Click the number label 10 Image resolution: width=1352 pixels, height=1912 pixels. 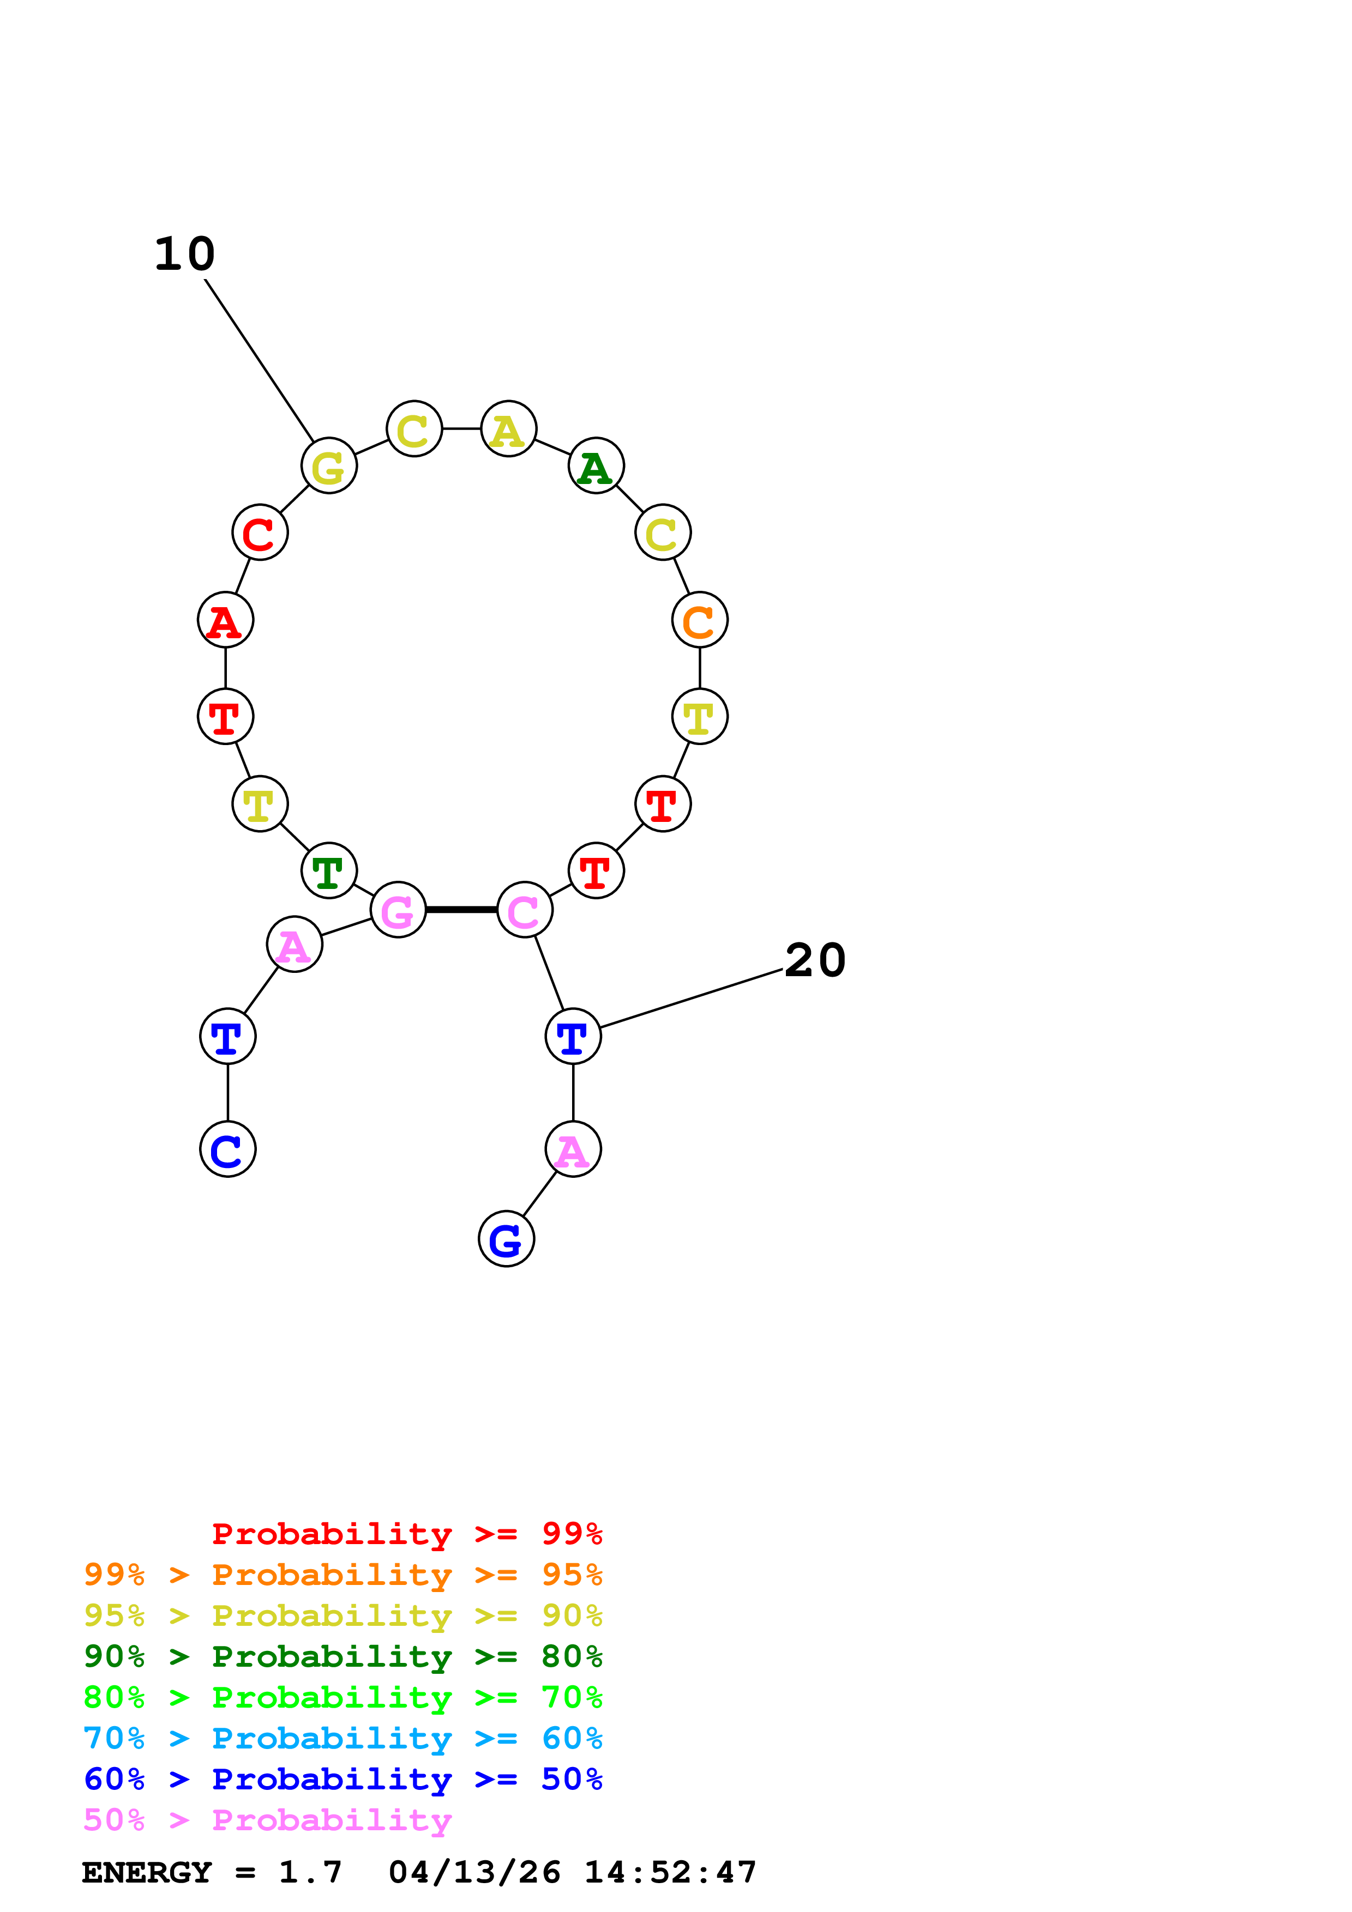[184, 254]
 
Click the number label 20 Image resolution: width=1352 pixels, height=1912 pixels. [815, 960]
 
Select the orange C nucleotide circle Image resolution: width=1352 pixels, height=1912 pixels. [700, 620]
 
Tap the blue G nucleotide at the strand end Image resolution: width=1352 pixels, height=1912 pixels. [507, 1239]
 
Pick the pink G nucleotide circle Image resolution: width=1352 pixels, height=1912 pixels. [398, 909]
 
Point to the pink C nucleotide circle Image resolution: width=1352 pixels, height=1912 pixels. [525, 909]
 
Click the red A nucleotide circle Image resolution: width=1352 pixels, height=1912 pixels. [225, 620]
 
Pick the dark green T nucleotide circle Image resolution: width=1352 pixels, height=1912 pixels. [329, 871]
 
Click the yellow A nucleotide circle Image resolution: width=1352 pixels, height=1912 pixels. [508, 429]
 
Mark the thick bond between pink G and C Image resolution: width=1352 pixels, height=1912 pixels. [461, 909]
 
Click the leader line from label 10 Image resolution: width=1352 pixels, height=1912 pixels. [258, 360]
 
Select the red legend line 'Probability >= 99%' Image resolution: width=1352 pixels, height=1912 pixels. [406, 1533]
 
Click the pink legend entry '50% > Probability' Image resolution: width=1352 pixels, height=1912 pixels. [267, 1819]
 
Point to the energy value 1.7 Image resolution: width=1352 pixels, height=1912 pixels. [310, 1872]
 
